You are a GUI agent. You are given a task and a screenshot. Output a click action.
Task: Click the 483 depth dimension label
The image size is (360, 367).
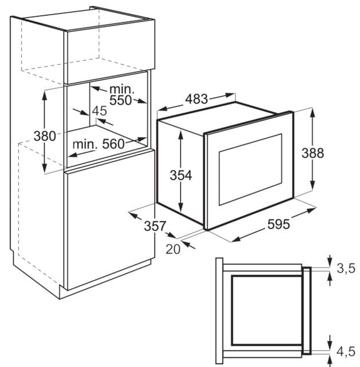coord(196,99)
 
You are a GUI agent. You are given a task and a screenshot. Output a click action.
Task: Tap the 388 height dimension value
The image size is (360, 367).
coord(312,153)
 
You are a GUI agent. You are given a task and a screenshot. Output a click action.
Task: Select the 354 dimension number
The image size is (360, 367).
coord(181,175)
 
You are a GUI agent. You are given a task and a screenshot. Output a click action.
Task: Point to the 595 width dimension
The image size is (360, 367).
coord(278,224)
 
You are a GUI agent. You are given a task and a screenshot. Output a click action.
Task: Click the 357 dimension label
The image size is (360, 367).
coord(155,226)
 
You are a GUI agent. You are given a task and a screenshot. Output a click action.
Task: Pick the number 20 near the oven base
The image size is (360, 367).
coord(173,249)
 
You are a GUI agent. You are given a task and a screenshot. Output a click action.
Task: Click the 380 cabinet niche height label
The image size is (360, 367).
coord(45,136)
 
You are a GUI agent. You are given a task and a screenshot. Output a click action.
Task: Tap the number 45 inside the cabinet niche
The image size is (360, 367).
coord(100,111)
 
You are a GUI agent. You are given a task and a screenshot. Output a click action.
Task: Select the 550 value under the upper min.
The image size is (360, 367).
coord(120,100)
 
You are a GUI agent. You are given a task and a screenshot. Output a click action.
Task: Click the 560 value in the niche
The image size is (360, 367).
coord(113,144)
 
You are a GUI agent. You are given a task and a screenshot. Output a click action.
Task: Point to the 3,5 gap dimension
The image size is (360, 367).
coord(346,268)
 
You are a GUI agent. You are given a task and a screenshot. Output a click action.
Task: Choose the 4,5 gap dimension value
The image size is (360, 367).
coord(346,352)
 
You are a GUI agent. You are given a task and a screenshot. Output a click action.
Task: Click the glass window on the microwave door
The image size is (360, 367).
coord(250,169)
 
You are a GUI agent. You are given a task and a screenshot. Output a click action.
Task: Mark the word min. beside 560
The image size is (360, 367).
coord(85,144)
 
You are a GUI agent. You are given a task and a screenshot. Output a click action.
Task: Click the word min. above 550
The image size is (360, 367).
coord(122,90)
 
